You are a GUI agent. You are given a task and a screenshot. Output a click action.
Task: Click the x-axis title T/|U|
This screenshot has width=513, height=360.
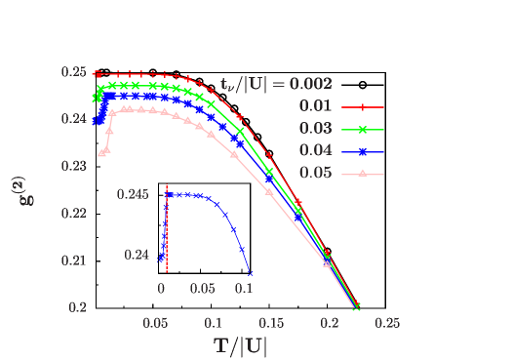[x=240, y=345]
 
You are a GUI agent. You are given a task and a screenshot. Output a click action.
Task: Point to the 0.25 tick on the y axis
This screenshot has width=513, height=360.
[x=73, y=72]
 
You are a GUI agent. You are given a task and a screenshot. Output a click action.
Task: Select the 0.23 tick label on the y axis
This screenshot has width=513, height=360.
[x=73, y=167]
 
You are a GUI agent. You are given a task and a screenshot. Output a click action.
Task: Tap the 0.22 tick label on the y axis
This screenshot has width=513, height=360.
[x=73, y=214]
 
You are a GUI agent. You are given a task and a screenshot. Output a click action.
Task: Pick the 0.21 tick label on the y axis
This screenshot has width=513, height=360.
[x=73, y=260]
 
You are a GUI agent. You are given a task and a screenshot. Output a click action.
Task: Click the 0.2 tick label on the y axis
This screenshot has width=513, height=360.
[x=77, y=307]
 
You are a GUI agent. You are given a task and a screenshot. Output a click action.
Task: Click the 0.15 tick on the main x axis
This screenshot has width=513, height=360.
[x=271, y=323]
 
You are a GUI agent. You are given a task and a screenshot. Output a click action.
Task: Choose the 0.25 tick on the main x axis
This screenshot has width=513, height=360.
[x=386, y=323]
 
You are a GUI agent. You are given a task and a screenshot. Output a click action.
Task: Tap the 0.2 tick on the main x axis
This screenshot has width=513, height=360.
[x=329, y=323]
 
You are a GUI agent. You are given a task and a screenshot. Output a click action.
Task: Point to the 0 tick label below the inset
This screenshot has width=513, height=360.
[x=162, y=289]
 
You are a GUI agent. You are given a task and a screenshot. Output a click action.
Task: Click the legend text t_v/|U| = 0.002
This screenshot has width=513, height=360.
[x=276, y=84]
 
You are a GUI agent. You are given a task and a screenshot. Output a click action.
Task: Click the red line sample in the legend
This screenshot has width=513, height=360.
[x=362, y=107]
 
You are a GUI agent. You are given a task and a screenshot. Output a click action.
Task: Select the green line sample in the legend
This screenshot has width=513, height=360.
[x=362, y=130]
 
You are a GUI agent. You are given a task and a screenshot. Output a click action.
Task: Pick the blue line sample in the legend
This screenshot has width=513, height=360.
[x=362, y=152]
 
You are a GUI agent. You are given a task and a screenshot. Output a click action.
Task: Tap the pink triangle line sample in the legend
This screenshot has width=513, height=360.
[x=362, y=175]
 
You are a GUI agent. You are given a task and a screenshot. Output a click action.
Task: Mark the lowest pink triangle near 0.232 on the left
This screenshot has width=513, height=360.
[x=101, y=152]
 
